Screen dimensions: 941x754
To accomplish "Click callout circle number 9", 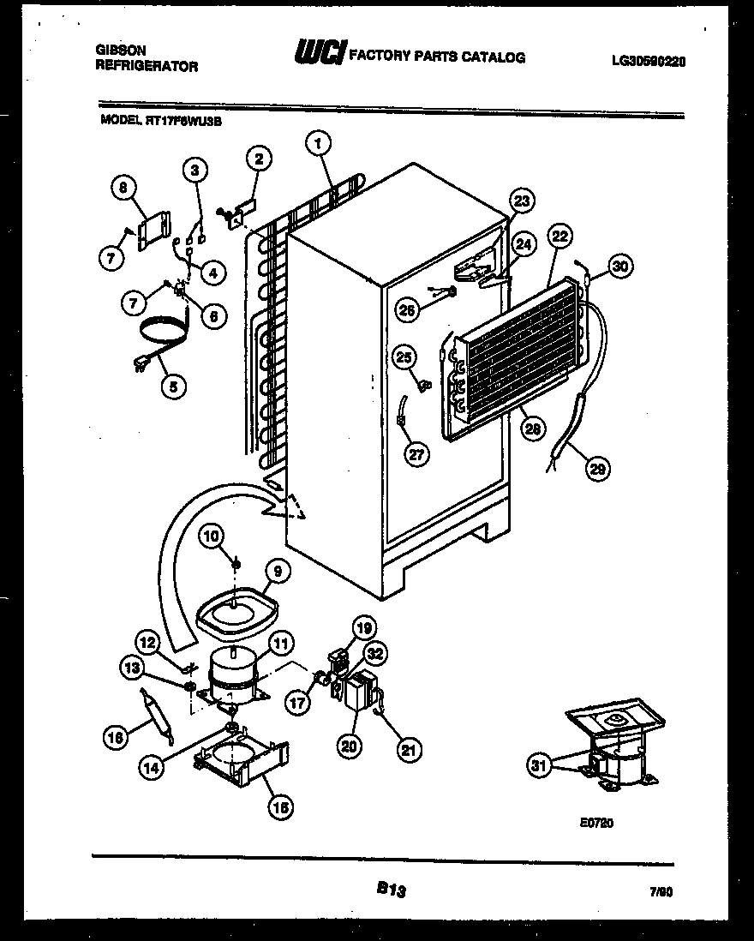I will click(277, 571).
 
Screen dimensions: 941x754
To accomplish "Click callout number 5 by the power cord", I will click(174, 387).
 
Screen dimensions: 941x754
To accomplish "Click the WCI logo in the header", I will click(318, 56).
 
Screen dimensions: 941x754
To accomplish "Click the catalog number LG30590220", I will click(649, 61).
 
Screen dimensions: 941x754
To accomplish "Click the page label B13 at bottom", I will click(391, 891).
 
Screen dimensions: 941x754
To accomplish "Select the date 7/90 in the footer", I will click(674, 891).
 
